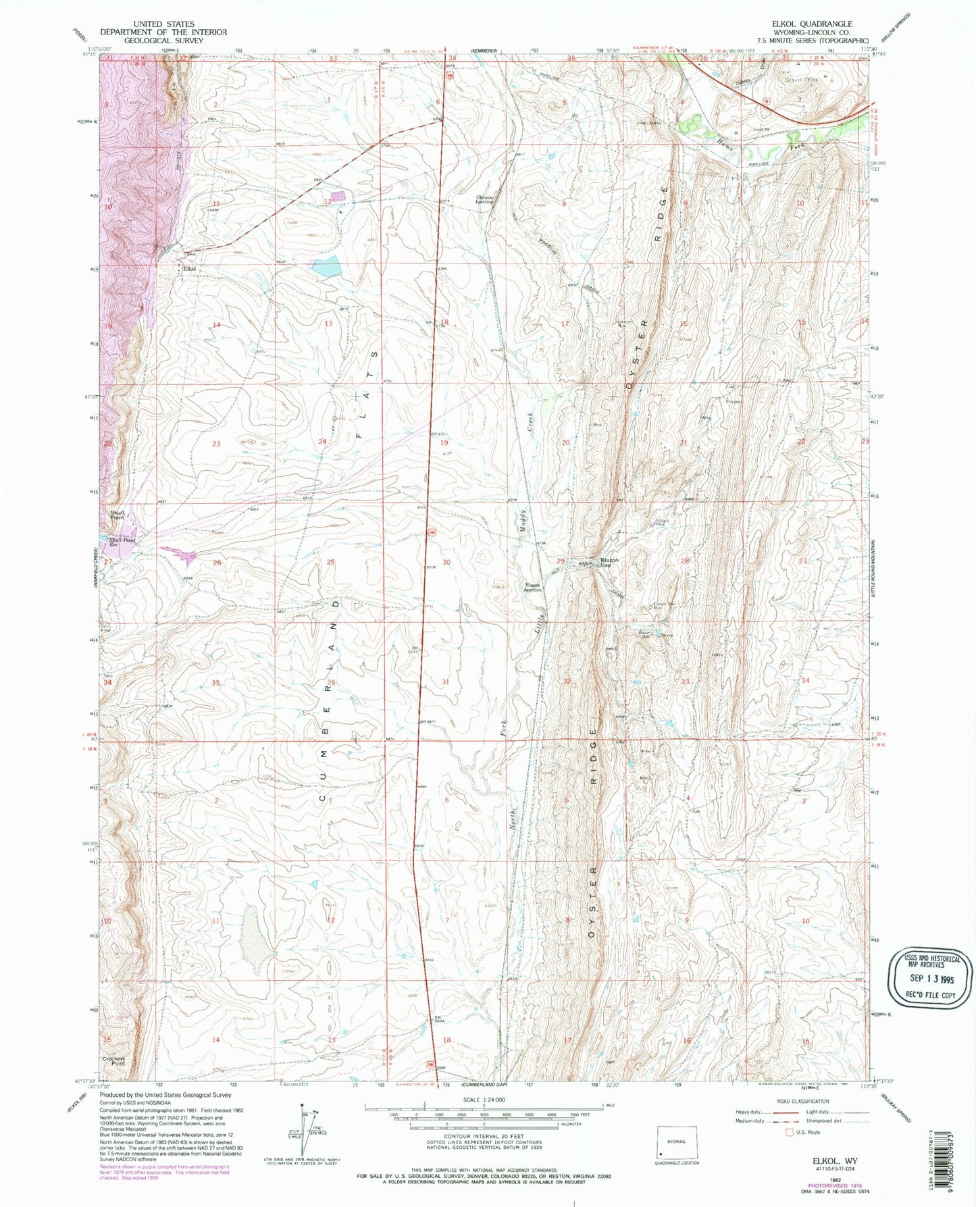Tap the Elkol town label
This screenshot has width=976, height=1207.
(189, 269)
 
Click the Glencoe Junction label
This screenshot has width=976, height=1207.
(484, 199)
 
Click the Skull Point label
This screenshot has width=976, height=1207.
(118, 515)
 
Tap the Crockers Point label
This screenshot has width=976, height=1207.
(114, 1079)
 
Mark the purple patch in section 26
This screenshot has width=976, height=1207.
(178, 555)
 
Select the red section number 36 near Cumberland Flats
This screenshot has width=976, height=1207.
(331, 682)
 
